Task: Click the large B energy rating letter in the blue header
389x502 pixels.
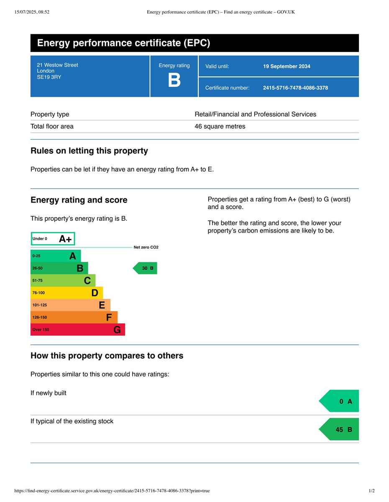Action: (x=174, y=80)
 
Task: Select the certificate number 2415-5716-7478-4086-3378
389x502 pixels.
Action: (x=295, y=88)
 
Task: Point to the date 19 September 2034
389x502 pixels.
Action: (x=287, y=66)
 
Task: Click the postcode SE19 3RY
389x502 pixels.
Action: (x=49, y=77)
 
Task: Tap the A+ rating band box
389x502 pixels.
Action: (x=53, y=239)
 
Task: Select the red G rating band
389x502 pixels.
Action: (x=78, y=330)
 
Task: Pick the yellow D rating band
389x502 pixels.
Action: (x=67, y=293)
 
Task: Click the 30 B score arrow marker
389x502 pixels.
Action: (x=145, y=268)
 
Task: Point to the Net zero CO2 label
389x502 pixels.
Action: (x=146, y=247)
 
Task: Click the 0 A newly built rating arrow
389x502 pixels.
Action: (x=339, y=401)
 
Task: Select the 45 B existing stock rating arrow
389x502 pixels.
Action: (x=339, y=429)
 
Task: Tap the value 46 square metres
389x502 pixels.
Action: (x=220, y=126)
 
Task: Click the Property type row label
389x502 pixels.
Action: (x=50, y=114)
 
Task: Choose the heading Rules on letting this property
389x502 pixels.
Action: (x=89, y=151)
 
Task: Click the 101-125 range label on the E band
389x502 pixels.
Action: (x=40, y=305)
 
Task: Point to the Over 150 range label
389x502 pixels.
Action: (x=41, y=330)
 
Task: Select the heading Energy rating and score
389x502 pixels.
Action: (x=79, y=200)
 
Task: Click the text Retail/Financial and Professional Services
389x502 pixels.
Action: (x=255, y=114)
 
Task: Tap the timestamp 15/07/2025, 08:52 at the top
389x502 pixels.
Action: (x=32, y=12)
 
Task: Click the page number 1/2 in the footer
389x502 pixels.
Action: (x=372, y=491)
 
